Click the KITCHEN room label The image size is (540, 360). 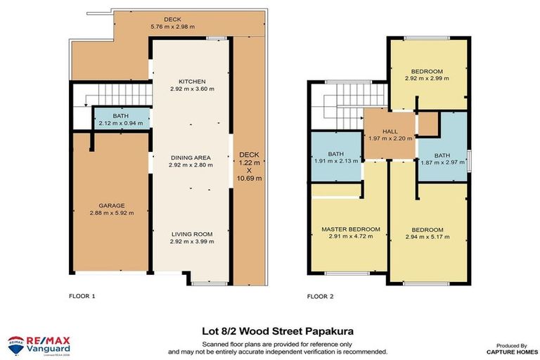[191, 81]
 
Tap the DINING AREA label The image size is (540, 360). [191, 157]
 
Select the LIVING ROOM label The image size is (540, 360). [191, 233]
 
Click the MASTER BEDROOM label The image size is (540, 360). [350, 229]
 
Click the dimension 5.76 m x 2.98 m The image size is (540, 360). [172, 27]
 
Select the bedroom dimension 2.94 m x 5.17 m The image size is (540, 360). [427, 237]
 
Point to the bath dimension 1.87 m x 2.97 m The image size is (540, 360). [442, 162]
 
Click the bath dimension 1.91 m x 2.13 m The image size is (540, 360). [335, 161]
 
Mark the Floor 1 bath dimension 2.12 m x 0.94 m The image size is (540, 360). [121, 123]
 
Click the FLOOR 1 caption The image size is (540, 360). [82, 296]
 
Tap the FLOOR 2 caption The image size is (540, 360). [321, 296]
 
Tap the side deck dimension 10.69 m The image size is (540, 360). [250, 179]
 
